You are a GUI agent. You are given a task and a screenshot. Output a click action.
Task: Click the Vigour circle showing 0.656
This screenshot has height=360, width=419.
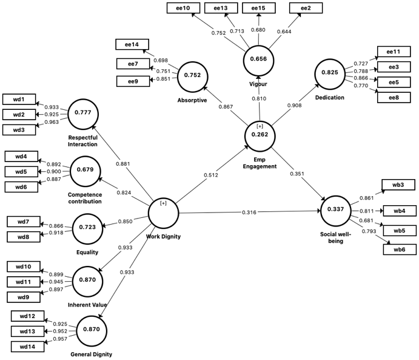point(260,59)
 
